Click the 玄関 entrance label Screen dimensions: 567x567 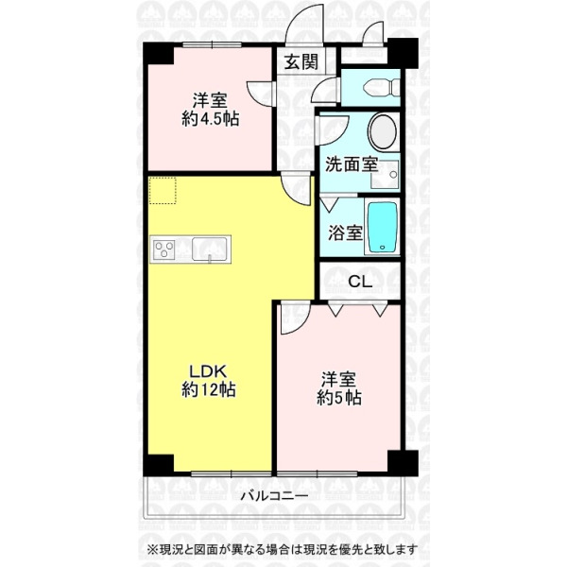point(301,61)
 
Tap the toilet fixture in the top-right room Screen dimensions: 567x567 point(382,88)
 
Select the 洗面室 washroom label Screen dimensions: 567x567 point(352,164)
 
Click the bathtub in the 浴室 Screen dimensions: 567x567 point(383,227)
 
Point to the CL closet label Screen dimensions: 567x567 point(360,282)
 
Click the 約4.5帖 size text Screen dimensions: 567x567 point(210,118)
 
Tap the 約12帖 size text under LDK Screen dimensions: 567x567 point(209,389)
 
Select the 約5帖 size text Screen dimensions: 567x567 point(339,398)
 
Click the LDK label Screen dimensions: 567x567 point(209,370)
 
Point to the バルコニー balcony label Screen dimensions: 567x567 point(274,495)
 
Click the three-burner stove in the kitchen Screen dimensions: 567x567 point(163,249)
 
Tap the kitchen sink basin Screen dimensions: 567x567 point(210,249)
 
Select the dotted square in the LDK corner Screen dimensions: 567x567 point(163,191)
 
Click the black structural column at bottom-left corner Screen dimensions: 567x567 point(159,464)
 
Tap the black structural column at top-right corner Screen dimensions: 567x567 point(404,53)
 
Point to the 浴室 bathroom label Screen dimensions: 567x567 point(345,232)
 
